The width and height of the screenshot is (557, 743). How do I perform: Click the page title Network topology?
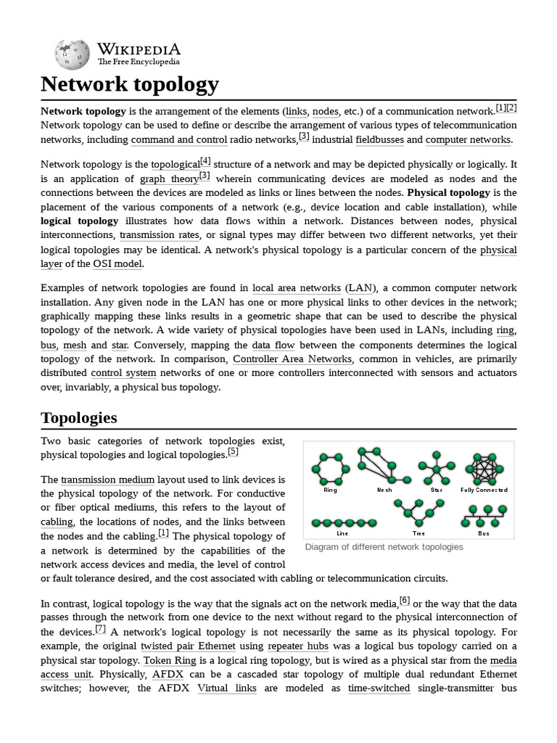pos(129,84)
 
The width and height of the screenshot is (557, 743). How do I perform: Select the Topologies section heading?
pos(78,418)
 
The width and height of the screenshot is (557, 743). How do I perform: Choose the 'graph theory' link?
pos(168,179)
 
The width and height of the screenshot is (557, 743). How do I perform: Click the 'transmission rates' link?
pos(160,235)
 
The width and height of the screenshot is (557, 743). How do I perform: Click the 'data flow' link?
pos(273,345)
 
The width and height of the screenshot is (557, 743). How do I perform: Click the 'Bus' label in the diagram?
pos(483,533)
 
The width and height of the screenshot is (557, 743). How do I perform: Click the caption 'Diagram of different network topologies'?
pos(384,547)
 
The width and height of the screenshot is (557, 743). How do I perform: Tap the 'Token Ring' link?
pos(168,660)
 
